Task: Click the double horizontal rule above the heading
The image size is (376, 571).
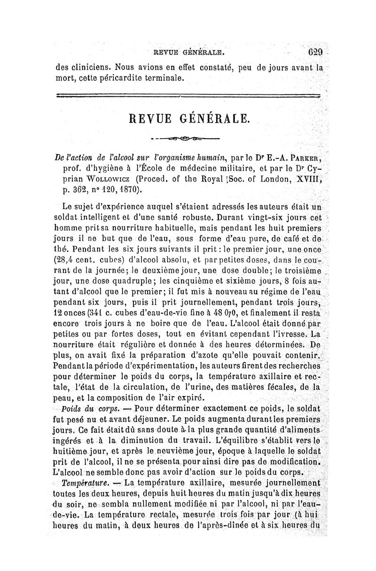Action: pos(188,96)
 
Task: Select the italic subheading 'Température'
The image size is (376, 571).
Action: pos(85,482)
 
